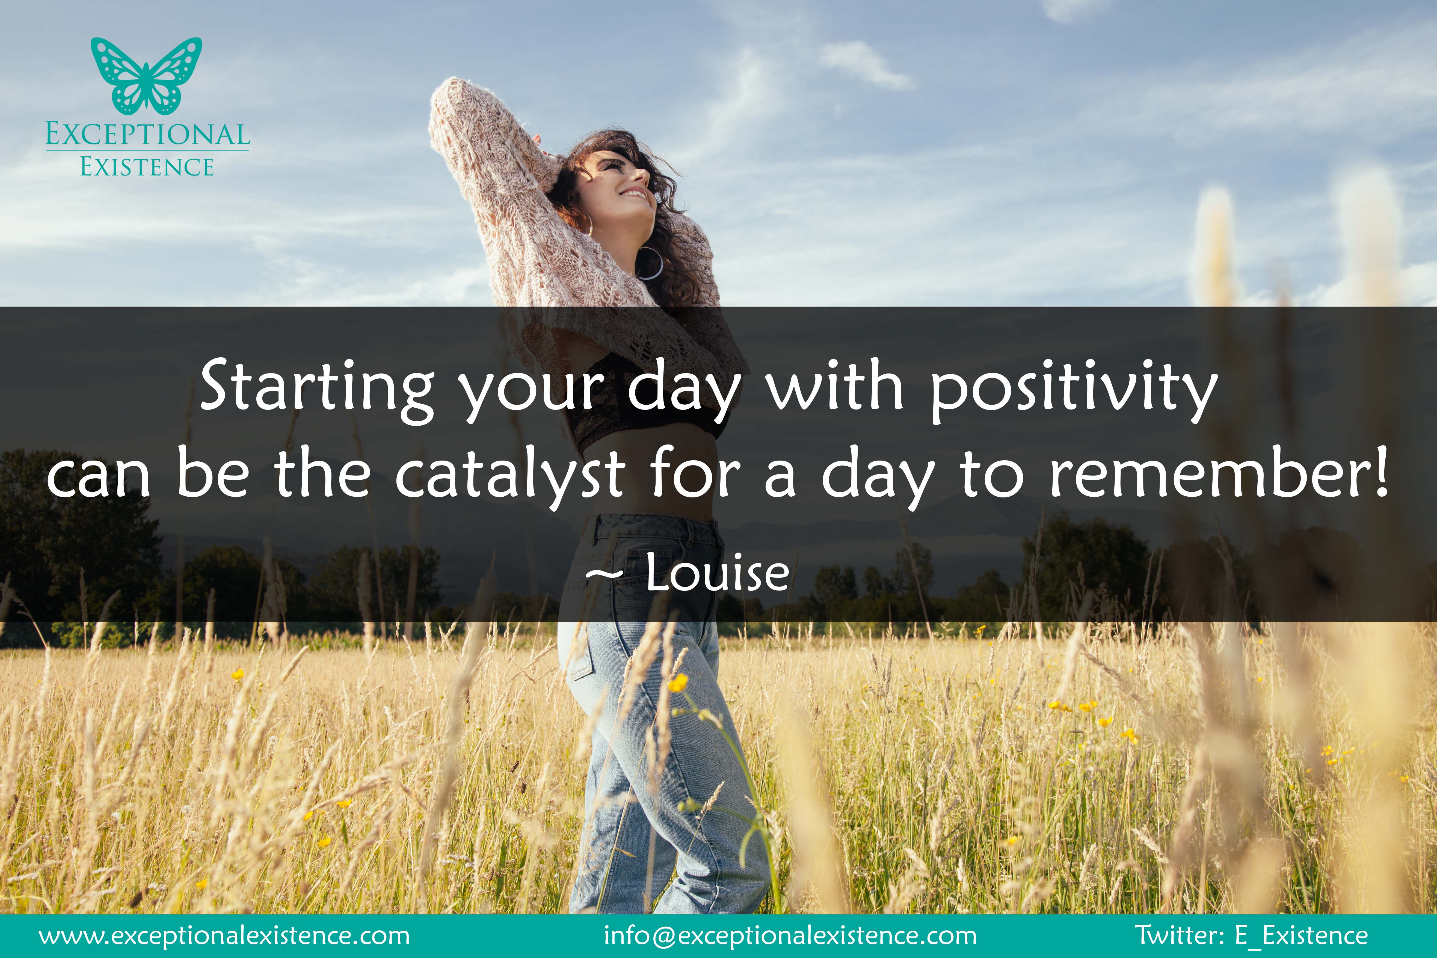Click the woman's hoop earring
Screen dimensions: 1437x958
(x=650, y=263)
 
